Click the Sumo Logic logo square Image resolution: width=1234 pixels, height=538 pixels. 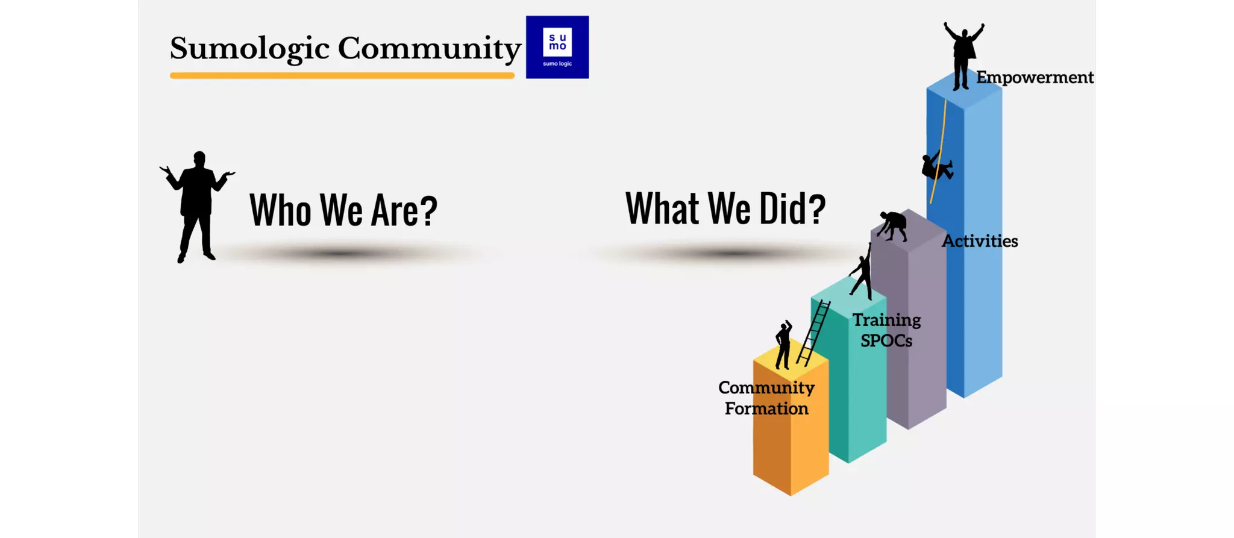pos(557,47)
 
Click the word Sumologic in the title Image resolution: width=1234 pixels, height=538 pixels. pos(249,48)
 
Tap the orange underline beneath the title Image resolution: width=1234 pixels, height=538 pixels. pos(342,75)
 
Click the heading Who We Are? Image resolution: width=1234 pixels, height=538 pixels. pos(343,210)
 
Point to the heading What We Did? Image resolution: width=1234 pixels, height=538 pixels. pos(725,208)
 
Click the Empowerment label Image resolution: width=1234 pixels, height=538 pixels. pos(1035,77)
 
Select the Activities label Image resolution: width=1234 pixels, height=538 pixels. pos(980,241)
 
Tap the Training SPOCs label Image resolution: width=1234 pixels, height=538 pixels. pos(886,330)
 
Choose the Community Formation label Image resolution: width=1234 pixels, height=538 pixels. pos(766,398)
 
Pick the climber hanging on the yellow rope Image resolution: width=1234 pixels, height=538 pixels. pos(936,166)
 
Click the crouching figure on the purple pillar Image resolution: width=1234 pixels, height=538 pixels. pos(893,225)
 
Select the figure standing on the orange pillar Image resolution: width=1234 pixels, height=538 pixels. pos(783,345)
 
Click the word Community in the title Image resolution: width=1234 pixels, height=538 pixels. pos(429,48)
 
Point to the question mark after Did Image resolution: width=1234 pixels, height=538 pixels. pos(815,208)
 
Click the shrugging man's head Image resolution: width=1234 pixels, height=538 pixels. pos(199,158)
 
